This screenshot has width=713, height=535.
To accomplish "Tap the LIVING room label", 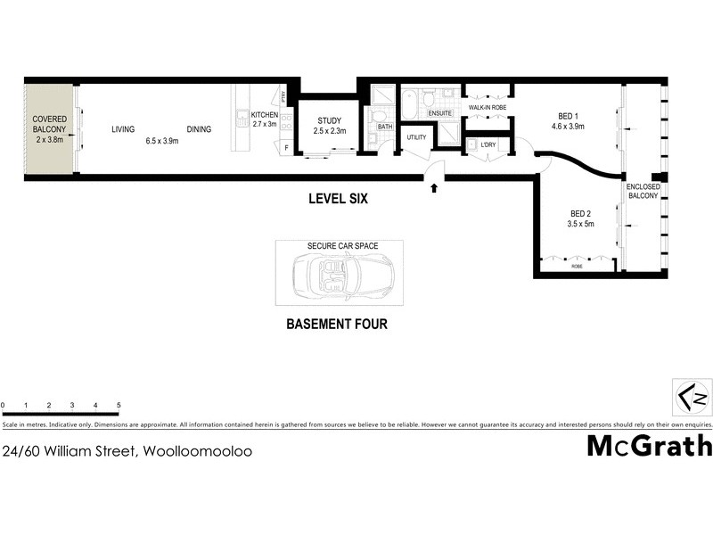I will pyautogui.click(x=123, y=129).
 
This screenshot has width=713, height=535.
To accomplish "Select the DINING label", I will pyautogui.click(x=199, y=129).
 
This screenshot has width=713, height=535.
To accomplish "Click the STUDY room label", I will pyautogui.click(x=328, y=126).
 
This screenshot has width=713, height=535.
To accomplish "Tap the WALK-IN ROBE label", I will pyautogui.click(x=488, y=108).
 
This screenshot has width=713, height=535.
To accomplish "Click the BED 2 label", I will pyautogui.click(x=580, y=219).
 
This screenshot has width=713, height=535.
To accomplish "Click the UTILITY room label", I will pyautogui.click(x=417, y=137).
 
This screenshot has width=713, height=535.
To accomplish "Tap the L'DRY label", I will pyautogui.click(x=488, y=144).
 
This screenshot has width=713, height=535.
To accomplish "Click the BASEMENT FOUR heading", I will pyautogui.click(x=336, y=325).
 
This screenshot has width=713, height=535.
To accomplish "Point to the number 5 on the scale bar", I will pyautogui.click(x=119, y=405).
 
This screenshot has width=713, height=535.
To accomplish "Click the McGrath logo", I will pyautogui.click(x=649, y=445).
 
